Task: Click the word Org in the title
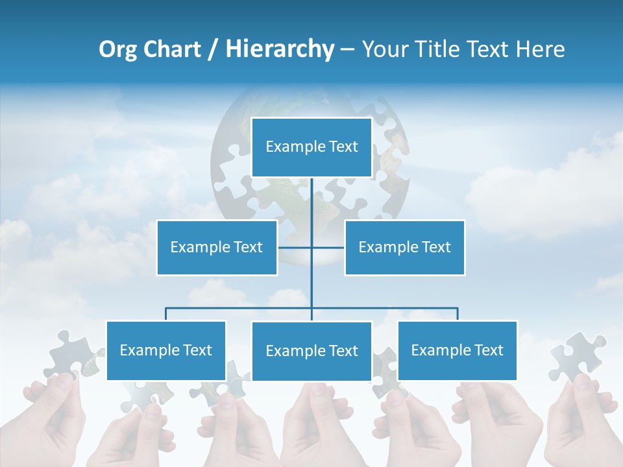click(x=118, y=49)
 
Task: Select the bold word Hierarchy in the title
click(x=280, y=49)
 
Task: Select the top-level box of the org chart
click(x=311, y=147)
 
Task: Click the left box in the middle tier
click(x=217, y=247)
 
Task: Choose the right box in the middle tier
click(x=405, y=247)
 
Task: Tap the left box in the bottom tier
click(x=166, y=350)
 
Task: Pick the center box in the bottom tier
click(x=311, y=351)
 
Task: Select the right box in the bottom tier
click(x=458, y=350)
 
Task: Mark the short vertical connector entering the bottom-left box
click(x=166, y=314)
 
